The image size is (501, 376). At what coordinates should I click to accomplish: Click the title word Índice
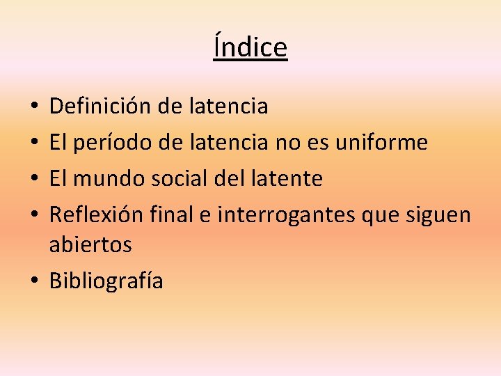coord(250,47)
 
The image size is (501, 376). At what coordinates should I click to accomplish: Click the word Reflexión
coord(97,215)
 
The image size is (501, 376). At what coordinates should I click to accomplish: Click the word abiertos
coord(90,244)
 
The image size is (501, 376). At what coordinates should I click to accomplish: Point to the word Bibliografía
coord(106,281)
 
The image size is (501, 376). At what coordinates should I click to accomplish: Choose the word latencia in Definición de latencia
coord(228,107)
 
